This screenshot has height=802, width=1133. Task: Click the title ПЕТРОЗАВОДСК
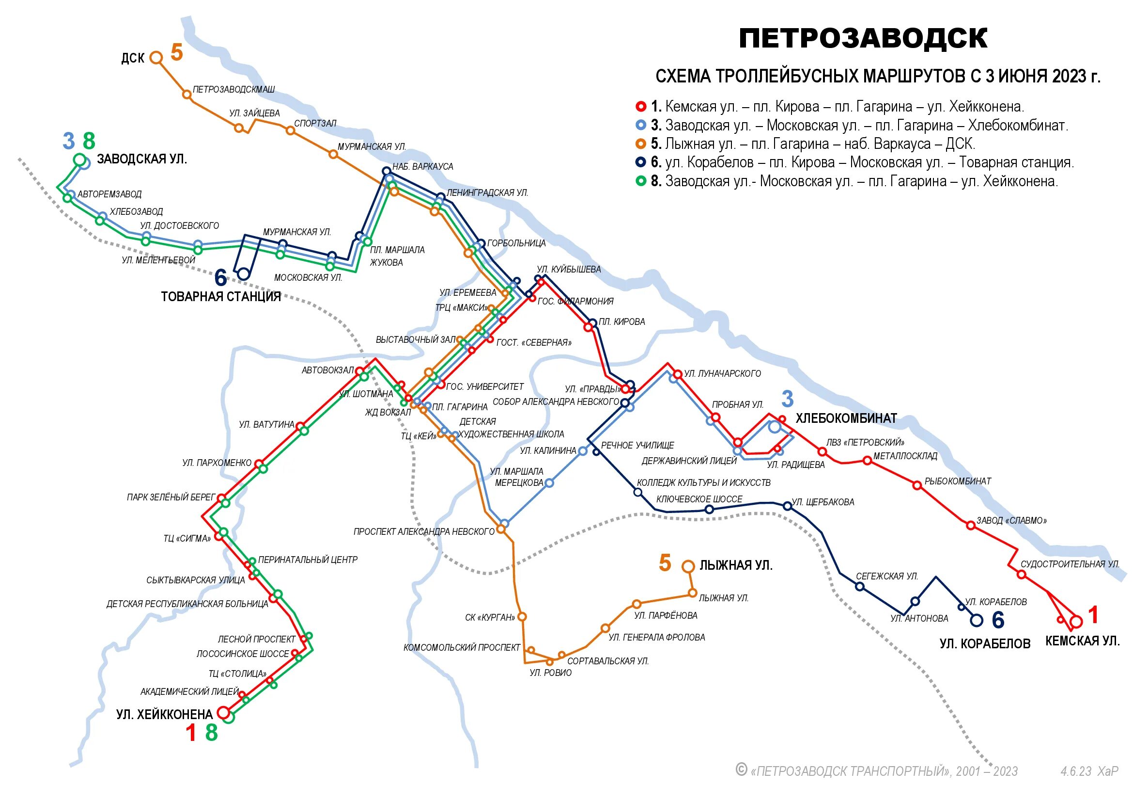point(863,38)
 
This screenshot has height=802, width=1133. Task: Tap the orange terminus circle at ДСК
point(156,58)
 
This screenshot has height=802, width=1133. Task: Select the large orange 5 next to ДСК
point(177,53)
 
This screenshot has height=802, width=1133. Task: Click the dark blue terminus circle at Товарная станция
point(243,273)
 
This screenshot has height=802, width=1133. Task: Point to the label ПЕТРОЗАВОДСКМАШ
point(233,89)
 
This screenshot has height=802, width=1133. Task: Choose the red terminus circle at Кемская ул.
point(1076,621)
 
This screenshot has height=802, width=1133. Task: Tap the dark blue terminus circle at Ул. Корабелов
point(976,620)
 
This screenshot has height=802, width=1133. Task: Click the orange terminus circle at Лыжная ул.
point(688,566)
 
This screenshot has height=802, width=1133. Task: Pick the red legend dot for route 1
point(641,106)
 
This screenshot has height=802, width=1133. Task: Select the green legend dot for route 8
point(641,181)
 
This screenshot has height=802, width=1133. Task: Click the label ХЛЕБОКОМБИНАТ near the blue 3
point(846,418)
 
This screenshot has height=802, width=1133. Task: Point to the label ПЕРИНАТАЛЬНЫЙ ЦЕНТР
point(308,560)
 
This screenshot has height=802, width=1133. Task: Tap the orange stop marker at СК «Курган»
point(522,617)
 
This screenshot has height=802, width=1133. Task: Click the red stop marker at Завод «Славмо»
point(970,526)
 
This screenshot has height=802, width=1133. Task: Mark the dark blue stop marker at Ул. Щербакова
point(787,506)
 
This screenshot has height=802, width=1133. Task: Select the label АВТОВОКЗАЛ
point(327,370)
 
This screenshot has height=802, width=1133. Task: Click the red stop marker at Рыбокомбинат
point(917,485)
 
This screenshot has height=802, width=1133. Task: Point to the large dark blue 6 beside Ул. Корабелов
point(998,620)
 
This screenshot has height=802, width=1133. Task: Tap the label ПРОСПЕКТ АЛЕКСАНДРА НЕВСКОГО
point(423,532)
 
